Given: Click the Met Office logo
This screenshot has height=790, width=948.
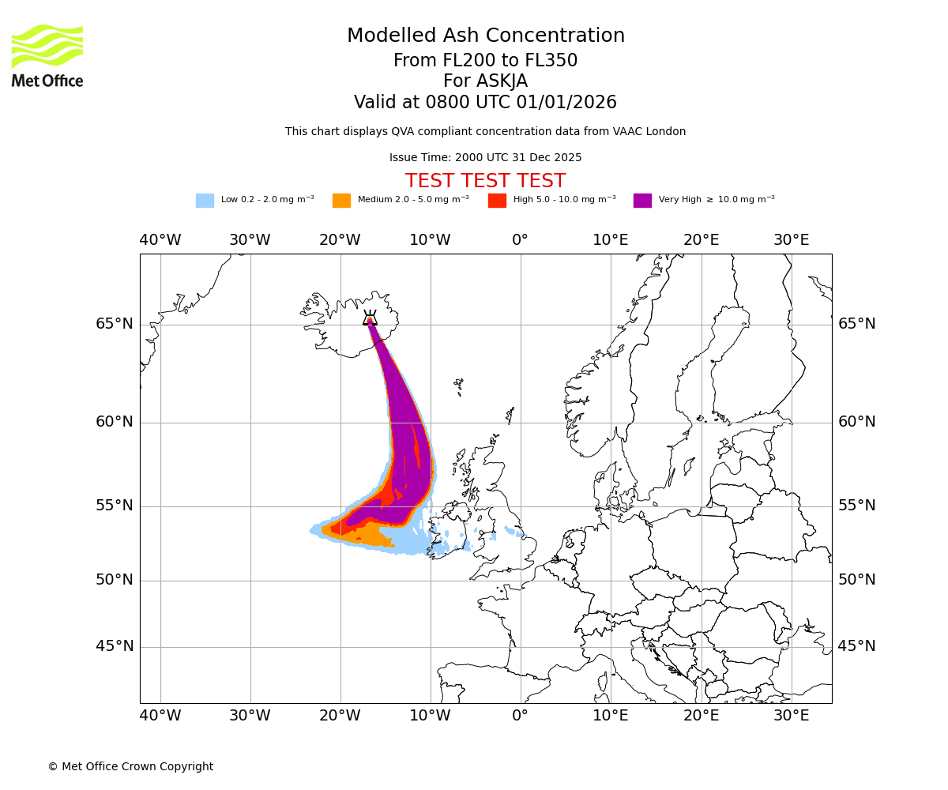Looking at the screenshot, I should [x=47, y=55].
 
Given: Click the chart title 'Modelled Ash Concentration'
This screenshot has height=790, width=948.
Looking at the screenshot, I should [x=485, y=36].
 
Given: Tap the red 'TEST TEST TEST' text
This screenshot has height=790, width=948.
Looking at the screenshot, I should [x=485, y=182].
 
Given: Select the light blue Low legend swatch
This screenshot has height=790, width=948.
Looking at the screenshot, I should [x=205, y=201].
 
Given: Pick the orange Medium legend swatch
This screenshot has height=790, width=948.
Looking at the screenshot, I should [x=341, y=201].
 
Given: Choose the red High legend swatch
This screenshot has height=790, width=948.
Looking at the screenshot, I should [x=497, y=201].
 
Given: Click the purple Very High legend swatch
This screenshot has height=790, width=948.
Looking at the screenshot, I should [x=642, y=201].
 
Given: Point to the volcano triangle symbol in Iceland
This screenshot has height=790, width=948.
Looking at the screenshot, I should [x=370, y=318].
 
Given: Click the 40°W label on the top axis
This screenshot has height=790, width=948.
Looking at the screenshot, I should [x=160, y=240].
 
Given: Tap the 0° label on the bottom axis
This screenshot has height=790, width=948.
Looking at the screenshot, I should [x=520, y=716].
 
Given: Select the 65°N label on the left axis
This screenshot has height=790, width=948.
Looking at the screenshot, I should [x=115, y=324].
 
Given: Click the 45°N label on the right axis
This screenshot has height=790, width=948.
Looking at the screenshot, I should [x=856, y=646].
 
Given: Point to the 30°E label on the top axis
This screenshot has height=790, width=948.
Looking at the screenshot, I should [x=791, y=240].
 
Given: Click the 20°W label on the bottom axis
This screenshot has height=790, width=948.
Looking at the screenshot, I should [x=340, y=716].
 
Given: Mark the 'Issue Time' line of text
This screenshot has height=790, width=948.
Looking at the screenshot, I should [x=485, y=158].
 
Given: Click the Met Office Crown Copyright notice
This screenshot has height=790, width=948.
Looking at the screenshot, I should [x=130, y=767].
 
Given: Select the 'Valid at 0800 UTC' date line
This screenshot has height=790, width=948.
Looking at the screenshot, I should [x=485, y=103].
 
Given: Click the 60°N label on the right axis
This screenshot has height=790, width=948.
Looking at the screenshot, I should [x=856, y=422].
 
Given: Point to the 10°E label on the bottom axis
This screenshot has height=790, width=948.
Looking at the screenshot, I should [x=611, y=716].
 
